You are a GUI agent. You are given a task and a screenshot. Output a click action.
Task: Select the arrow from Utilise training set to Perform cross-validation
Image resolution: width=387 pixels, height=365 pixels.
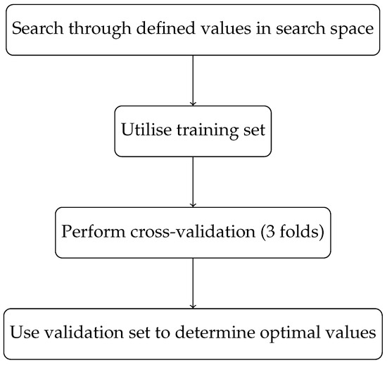pyautogui.click(x=192, y=181)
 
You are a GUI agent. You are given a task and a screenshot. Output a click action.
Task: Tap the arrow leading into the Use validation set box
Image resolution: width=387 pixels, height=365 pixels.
pyautogui.click(x=192, y=282)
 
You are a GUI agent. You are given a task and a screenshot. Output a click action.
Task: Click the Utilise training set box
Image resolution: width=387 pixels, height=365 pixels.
pyautogui.click(x=192, y=131)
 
